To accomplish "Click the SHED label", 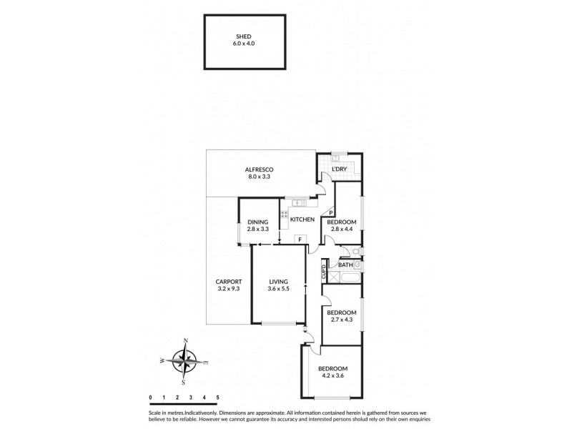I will point(243,40).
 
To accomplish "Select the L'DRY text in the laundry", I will point(339,169).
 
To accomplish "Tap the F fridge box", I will point(300,238).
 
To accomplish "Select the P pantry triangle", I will point(331,212).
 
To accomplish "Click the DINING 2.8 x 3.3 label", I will point(257,225).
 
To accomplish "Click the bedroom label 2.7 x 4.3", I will point(342,315).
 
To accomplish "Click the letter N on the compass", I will point(186,340).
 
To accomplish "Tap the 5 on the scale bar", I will point(217,396).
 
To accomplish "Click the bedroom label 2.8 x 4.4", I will point(342,225).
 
